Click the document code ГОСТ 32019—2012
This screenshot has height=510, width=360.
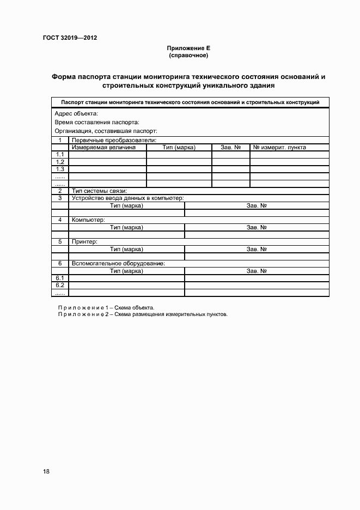click(x=70, y=38)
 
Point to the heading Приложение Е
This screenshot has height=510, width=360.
click(x=189, y=48)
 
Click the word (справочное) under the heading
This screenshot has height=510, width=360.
click(x=189, y=56)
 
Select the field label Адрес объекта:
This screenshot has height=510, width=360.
click(x=76, y=113)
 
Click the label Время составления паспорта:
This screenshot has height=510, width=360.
click(x=97, y=122)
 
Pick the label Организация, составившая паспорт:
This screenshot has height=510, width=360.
click(x=106, y=131)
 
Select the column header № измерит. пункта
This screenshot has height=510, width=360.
click(x=279, y=147)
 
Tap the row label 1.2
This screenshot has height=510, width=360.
click(x=60, y=162)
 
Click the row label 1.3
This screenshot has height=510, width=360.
click(x=60, y=169)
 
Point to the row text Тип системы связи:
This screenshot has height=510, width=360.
click(x=99, y=191)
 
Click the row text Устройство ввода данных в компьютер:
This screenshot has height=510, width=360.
click(x=127, y=198)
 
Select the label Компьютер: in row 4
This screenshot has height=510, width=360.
click(x=88, y=220)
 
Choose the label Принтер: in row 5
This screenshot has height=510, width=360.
click(x=84, y=241)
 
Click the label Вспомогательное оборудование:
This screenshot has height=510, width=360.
click(x=118, y=263)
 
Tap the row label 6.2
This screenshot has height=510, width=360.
click(x=60, y=286)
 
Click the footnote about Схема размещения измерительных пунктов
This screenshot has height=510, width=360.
click(x=143, y=314)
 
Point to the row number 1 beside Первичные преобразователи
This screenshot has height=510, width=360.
click(x=60, y=140)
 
